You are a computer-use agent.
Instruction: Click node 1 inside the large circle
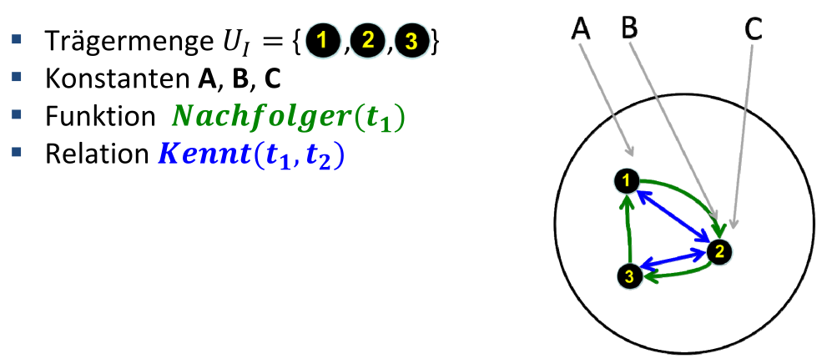[626, 179]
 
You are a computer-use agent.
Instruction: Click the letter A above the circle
[582, 28]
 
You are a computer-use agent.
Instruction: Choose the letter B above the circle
[629, 28]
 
